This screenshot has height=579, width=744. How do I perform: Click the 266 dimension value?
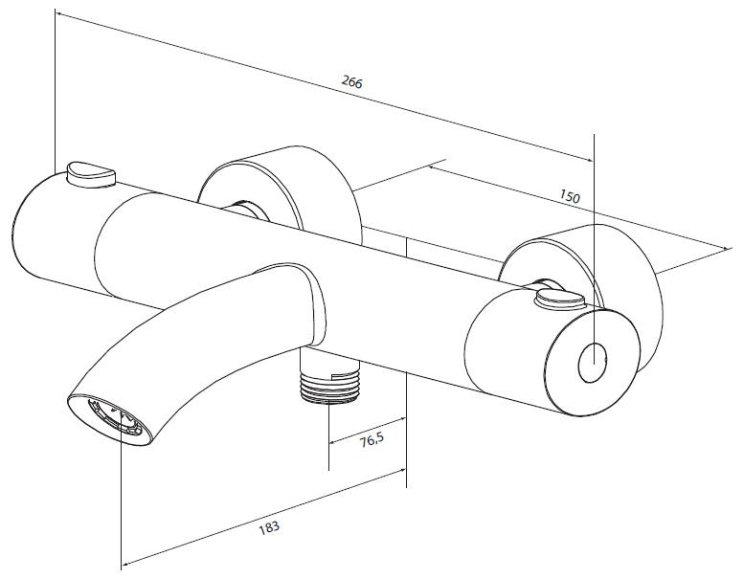pos(351,82)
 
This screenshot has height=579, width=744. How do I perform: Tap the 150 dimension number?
pos(570,196)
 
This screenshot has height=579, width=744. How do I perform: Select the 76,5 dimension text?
pos(372,441)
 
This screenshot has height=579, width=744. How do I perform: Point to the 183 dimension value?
pos(269,527)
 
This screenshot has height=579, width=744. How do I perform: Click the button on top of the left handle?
pos(92,174)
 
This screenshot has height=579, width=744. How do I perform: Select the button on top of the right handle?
pos(560,301)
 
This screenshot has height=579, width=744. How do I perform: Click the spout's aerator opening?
pos(114,417)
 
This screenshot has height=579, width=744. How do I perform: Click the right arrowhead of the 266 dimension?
pos(589,160)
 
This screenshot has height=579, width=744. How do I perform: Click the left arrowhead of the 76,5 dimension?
pos(333,442)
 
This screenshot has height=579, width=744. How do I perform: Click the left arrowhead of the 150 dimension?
pos(433,167)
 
